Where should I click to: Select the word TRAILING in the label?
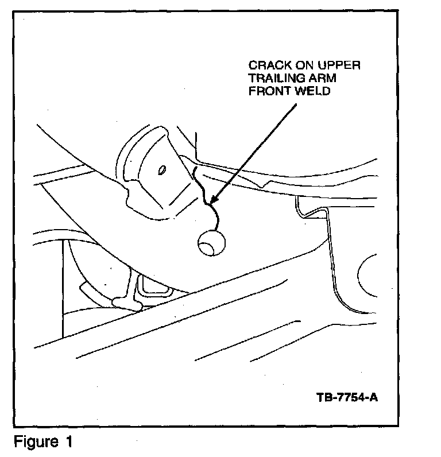[274, 78]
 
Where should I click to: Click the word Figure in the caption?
[33, 443]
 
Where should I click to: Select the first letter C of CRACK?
[253, 65]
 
